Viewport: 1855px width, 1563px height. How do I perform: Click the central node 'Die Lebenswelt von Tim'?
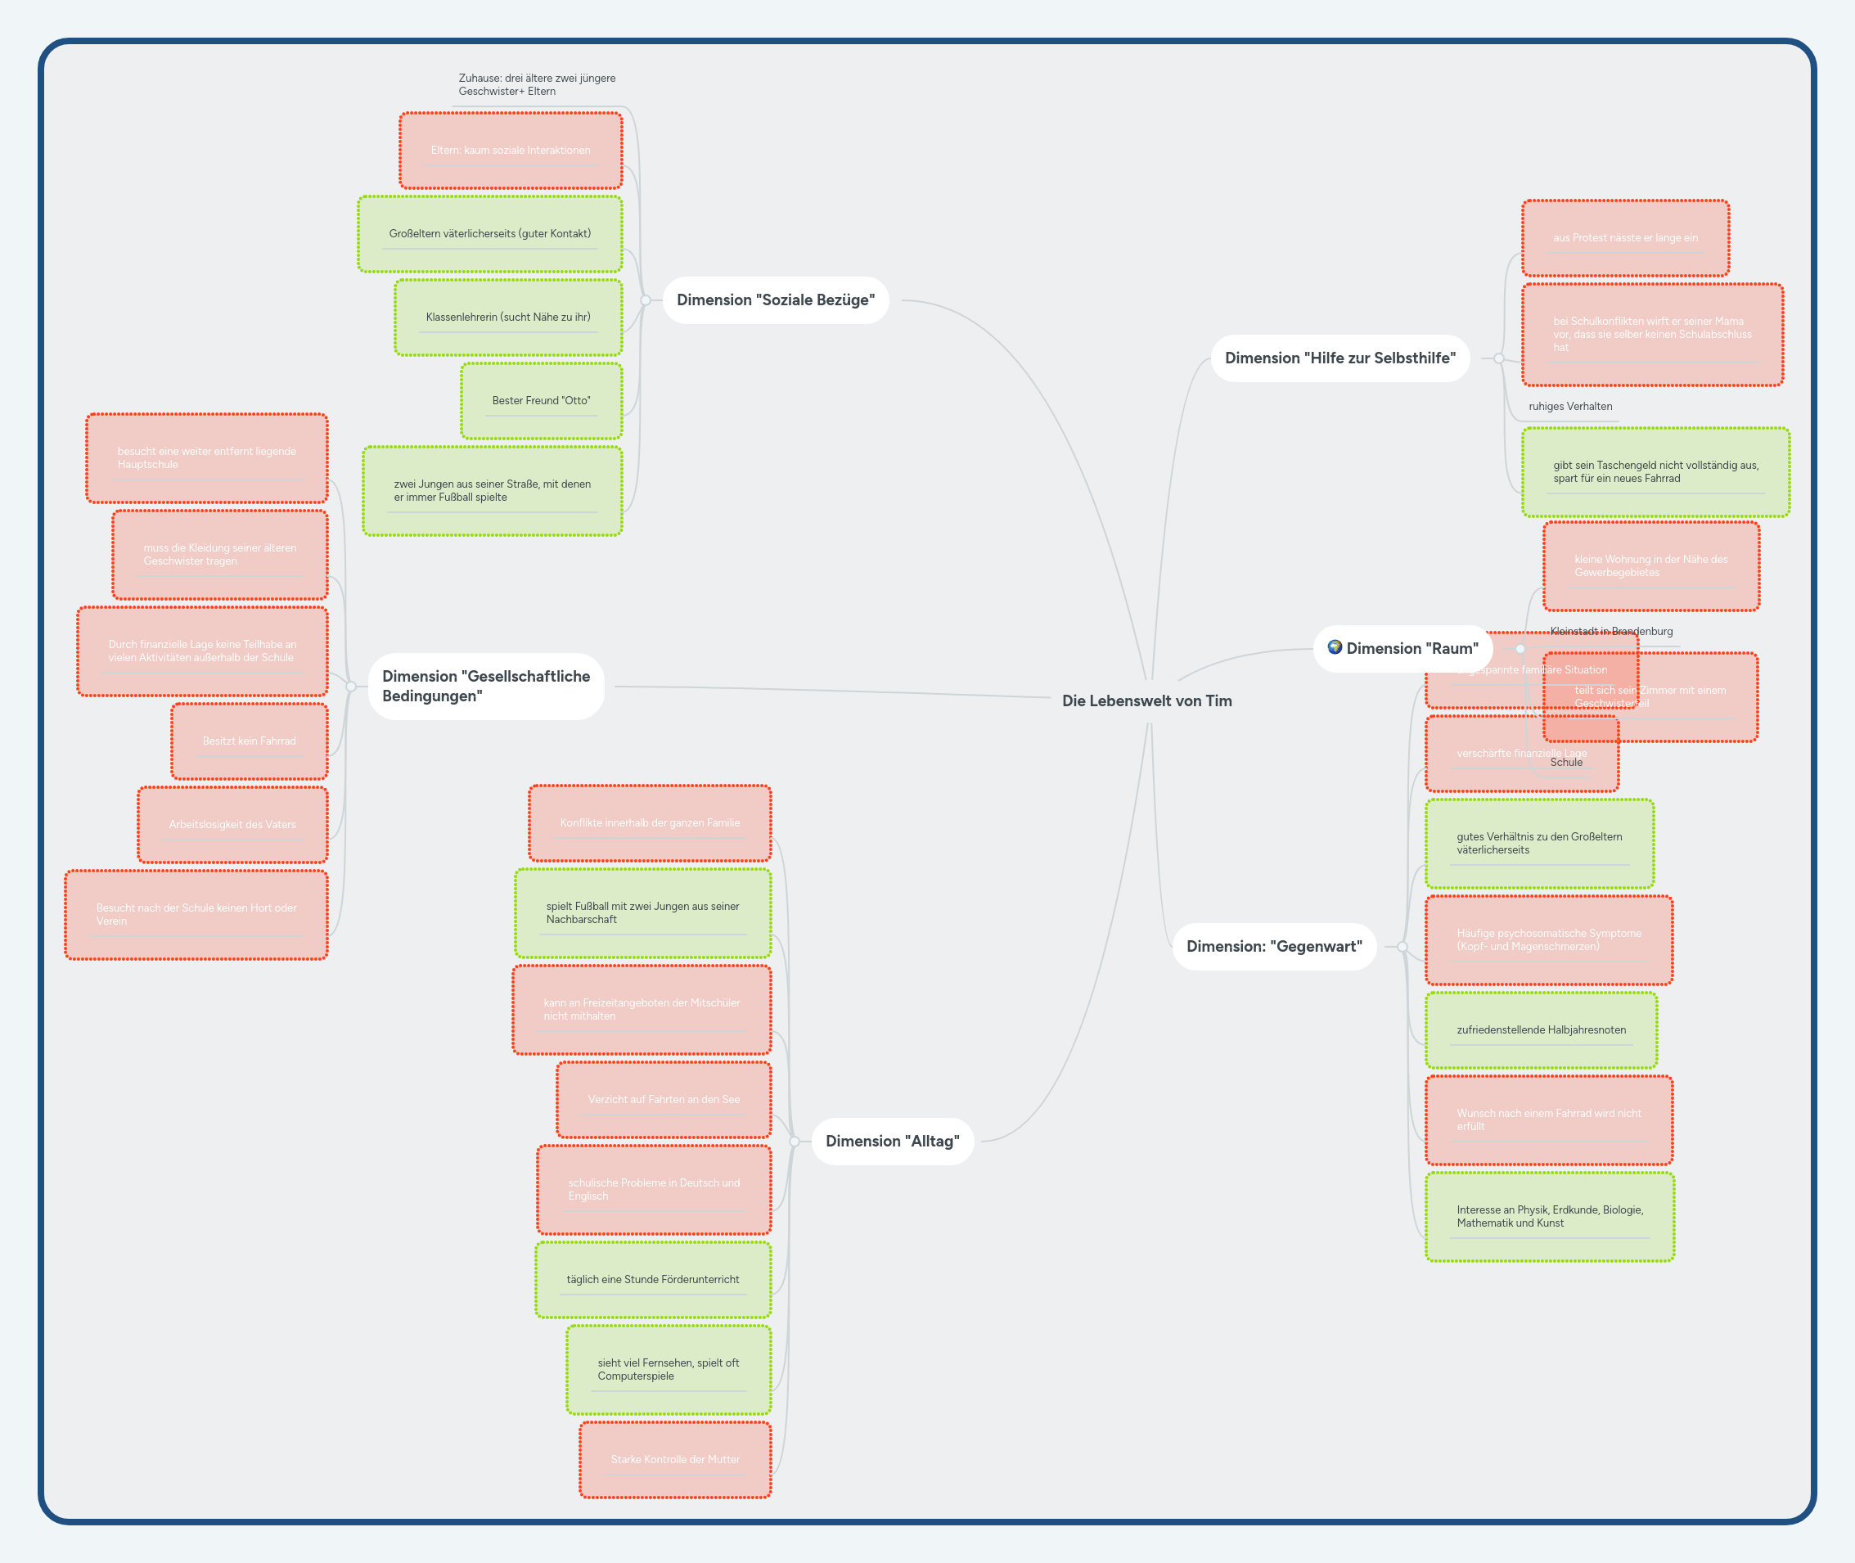pos(1146,700)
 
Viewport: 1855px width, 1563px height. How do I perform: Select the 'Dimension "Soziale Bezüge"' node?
pos(775,300)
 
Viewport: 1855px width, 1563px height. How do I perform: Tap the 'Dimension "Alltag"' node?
pos(892,1142)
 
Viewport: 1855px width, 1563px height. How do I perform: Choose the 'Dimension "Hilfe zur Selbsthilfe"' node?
pos(1339,358)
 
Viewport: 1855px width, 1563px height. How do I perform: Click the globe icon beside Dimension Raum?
pos(1334,646)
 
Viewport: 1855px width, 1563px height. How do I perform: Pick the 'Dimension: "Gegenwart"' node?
pos(1274,946)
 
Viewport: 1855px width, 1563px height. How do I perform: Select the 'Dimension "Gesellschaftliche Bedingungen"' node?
pos(485,686)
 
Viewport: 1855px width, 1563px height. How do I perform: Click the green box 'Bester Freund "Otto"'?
pos(541,400)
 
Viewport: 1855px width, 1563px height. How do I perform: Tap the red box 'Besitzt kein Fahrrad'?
pos(249,741)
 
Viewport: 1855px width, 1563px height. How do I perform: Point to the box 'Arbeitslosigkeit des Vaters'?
pos(232,824)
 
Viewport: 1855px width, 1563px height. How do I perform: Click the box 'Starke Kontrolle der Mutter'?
pos(675,1459)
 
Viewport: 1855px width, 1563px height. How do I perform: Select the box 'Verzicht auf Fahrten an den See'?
pos(664,1100)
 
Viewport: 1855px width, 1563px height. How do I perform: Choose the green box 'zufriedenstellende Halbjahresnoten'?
pos(1541,1029)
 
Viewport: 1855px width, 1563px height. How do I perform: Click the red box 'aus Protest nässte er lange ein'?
pos(1625,237)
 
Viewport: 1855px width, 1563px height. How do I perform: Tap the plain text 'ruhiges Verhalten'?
pos(1569,407)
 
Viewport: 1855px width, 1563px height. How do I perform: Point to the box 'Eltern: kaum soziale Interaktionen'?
pos(511,150)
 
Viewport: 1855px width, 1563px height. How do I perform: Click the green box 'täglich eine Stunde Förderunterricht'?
pos(653,1280)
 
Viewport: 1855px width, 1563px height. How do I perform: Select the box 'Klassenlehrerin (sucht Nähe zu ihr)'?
pos(507,318)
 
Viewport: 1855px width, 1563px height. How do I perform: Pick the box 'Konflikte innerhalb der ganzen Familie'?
pos(650,822)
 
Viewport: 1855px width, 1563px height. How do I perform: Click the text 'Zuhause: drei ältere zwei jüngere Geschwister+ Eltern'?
pos(537,85)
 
